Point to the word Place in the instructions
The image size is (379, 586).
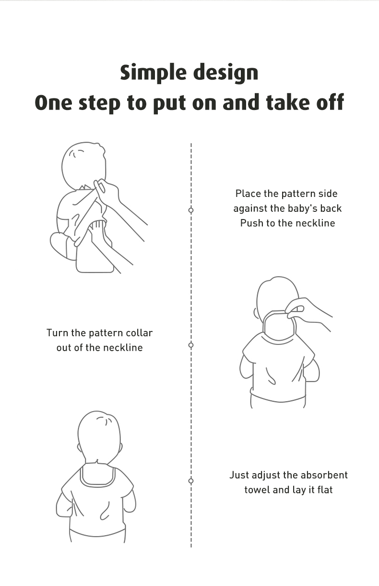click(x=249, y=194)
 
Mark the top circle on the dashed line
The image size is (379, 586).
click(x=191, y=210)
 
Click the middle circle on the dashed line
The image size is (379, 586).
click(x=191, y=345)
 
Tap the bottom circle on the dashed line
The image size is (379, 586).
click(x=191, y=481)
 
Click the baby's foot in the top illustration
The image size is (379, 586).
click(x=61, y=246)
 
